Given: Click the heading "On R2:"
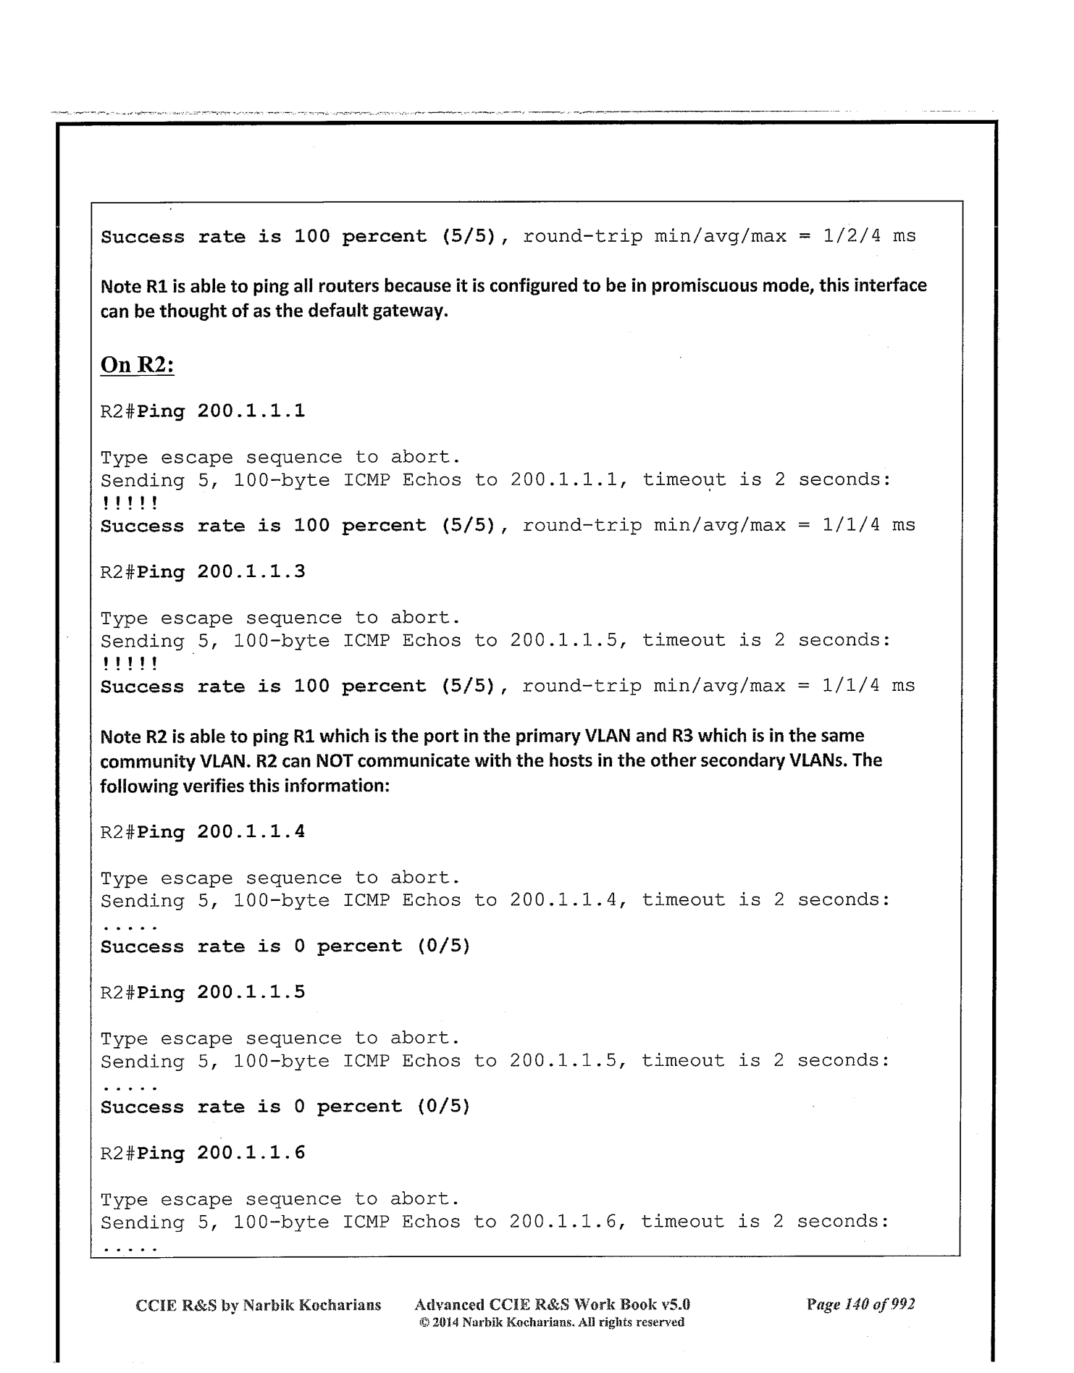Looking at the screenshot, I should tap(137, 364).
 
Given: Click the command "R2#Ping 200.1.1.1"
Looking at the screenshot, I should tap(202, 411).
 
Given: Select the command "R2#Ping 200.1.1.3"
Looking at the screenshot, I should tap(202, 572).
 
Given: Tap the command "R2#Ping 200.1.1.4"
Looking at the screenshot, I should tap(202, 832).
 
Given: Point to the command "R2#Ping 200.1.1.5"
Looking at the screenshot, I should tap(202, 992).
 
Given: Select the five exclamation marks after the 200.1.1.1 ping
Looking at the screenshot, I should tap(129, 503).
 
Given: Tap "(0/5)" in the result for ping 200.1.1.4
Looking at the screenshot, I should tap(443, 946).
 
